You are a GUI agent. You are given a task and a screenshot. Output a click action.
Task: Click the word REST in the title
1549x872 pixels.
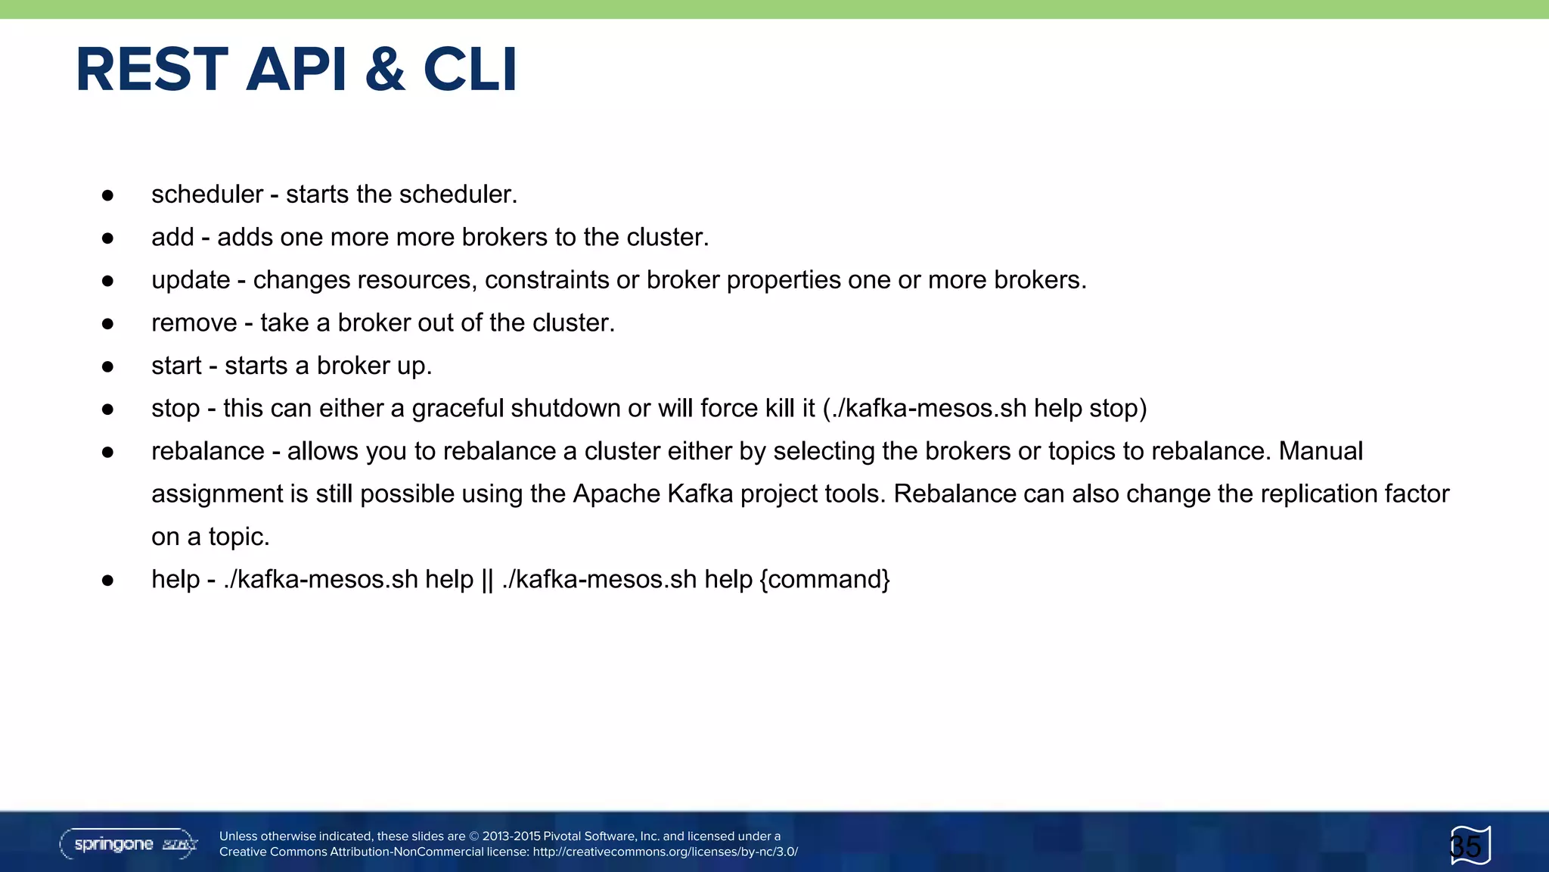152,70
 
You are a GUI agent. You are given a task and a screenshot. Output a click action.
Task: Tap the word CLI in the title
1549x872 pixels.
470,70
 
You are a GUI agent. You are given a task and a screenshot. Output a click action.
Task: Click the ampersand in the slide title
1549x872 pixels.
384,70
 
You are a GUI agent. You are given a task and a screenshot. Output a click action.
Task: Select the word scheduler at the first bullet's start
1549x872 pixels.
207,195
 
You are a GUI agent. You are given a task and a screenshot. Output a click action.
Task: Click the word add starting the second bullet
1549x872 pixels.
172,238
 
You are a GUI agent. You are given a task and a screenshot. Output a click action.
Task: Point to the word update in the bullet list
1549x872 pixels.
191,280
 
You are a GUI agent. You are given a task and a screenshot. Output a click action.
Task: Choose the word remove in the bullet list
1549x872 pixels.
194,323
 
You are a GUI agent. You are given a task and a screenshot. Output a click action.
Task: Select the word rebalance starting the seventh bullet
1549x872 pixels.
208,451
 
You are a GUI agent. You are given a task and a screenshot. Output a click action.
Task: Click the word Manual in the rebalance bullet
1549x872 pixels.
1321,451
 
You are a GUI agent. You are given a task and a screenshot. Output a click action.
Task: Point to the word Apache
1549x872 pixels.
616,494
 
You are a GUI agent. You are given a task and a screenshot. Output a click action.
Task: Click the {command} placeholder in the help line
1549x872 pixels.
825,580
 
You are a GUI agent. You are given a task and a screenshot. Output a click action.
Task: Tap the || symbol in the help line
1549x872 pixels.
487,580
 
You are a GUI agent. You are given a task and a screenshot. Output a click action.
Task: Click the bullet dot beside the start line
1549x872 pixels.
107,367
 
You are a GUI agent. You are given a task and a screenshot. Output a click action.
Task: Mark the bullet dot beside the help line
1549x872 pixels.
107,581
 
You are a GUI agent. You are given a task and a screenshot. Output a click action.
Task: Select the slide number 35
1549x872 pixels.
1466,846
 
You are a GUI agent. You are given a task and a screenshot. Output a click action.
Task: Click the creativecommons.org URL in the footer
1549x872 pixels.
665,852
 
